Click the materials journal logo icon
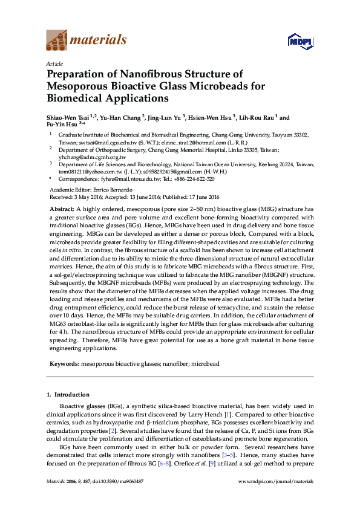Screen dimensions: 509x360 [x=57, y=41]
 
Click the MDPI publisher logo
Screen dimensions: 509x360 [x=300, y=41]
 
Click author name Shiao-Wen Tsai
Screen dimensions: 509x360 [x=68, y=118]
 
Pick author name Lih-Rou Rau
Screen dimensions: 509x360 [x=257, y=118]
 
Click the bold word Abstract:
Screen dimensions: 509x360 [x=62, y=207]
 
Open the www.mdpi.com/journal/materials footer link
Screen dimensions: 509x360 [x=277, y=481]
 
